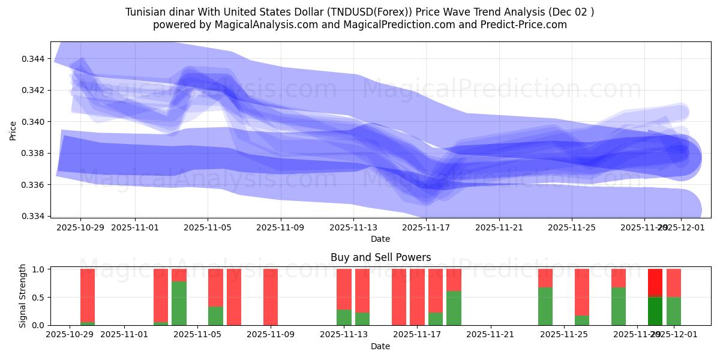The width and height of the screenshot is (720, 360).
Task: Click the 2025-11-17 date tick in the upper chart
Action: coord(425,228)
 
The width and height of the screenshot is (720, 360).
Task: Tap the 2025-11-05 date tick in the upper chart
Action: coord(208,228)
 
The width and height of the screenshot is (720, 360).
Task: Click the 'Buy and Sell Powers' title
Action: coord(380,257)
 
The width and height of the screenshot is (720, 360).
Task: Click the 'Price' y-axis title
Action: coord(13,130)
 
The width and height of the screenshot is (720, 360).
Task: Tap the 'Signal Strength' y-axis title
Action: coord(23,296)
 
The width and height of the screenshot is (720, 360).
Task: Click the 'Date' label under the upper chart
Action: coord(380,239)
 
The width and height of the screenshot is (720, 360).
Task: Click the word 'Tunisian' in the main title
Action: coord(145,12)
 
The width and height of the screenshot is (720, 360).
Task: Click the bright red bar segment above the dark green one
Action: coord(655,283)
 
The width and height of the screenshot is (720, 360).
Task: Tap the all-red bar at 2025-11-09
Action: coord(271,297)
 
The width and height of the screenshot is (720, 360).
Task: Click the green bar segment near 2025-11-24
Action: coord(545,306)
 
